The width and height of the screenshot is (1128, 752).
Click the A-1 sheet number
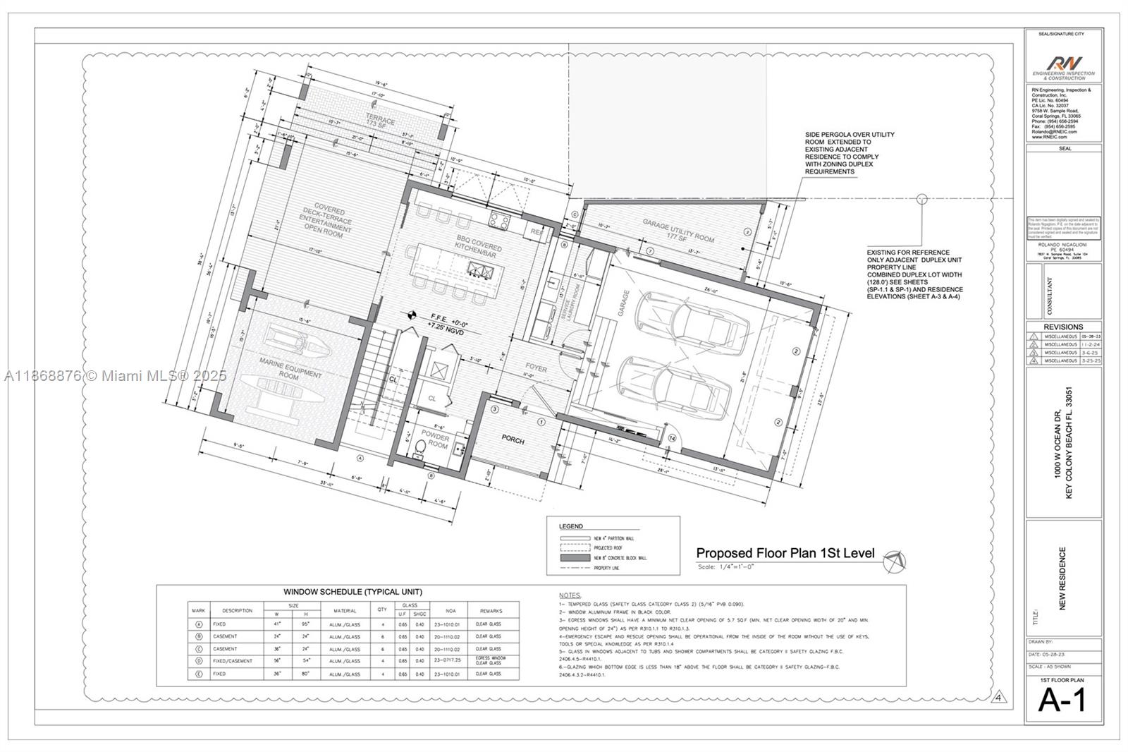(1062, 700)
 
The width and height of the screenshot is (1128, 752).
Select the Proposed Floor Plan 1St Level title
(785, 553)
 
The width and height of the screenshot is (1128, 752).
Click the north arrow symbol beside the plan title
(895, 562)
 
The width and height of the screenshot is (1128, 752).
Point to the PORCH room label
(513, 440)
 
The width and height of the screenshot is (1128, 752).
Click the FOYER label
(536, 368)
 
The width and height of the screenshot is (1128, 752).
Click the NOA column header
(450, 611)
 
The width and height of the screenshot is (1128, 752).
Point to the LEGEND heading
(570, 526)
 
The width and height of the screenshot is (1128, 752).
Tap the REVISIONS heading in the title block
(1063, 327)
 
